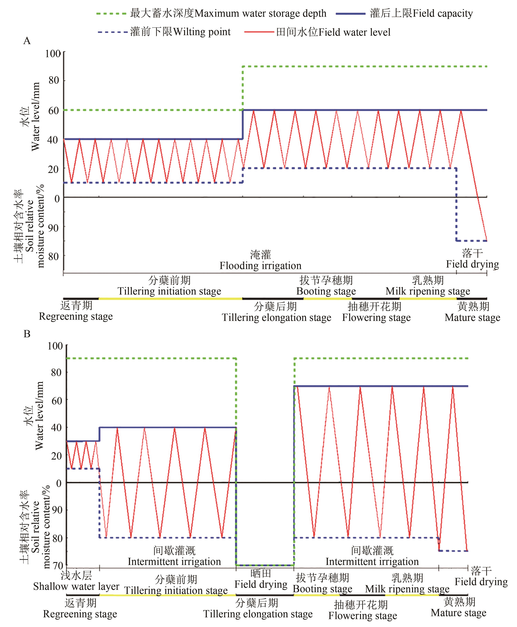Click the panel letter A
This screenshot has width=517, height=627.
[27, 41]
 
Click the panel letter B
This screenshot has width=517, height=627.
[27, 334]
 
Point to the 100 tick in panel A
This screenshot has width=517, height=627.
[53, 54]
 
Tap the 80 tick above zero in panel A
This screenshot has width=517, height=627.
[54, 80]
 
